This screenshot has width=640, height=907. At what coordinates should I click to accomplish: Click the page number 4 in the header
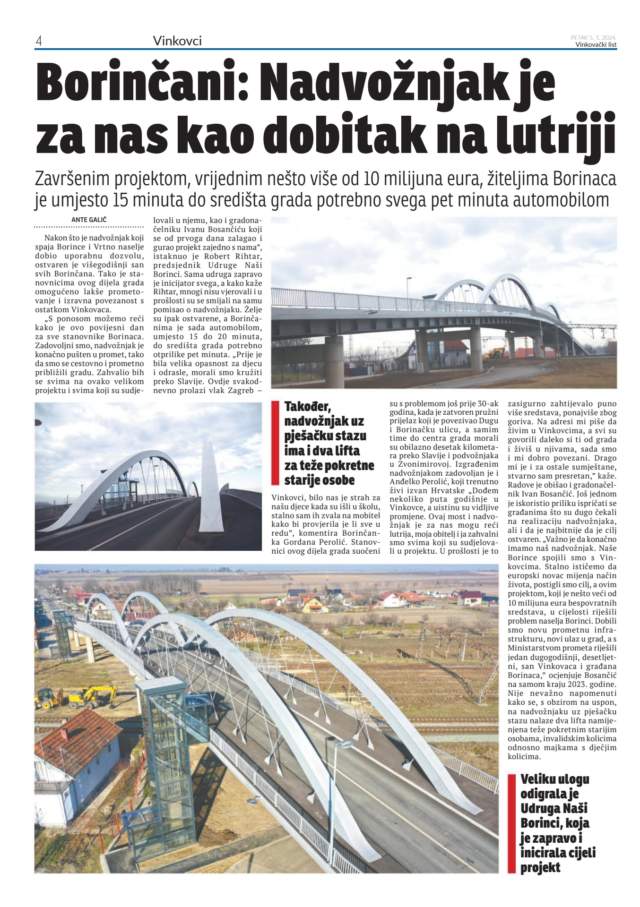tap(39, 41)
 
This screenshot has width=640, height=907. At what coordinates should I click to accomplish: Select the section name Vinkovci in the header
tap(177, 41)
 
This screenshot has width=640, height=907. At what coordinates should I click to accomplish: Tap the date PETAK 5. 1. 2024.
tap(593, 37)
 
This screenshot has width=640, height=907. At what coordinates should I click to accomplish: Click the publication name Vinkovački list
tap(596, 45)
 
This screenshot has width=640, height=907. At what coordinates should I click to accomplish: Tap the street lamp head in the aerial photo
tap(345, 745)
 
